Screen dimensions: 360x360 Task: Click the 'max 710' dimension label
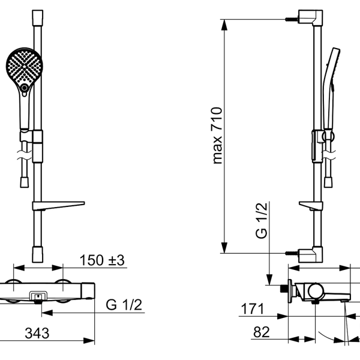217,136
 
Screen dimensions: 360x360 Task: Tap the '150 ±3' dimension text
102,260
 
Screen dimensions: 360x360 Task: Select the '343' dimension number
37,333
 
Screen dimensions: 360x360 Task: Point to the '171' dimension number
252,309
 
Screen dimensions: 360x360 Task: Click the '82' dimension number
261,332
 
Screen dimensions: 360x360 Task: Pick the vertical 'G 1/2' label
262,221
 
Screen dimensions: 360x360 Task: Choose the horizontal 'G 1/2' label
124,305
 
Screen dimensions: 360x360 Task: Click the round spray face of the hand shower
24,67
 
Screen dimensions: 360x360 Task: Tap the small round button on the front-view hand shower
24,88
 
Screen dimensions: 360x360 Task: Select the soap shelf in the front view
59,206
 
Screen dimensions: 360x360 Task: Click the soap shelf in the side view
311,206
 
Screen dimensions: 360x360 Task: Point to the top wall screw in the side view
292,20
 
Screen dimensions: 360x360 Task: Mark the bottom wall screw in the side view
292,253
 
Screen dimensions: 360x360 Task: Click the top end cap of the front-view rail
37,17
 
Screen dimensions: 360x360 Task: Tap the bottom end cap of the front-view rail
37,254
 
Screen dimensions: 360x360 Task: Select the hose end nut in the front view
25,182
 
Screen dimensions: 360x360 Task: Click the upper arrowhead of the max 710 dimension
224,25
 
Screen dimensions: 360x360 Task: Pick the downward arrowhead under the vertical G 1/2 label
269,280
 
